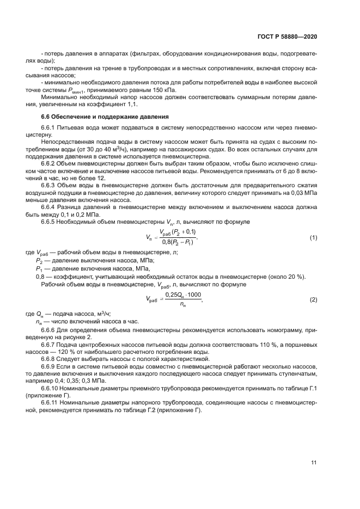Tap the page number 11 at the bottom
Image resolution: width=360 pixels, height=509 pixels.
pos(314,463)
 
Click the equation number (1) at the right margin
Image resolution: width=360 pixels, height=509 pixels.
pos(313,238)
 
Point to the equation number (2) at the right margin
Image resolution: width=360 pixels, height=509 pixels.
pos(313,301)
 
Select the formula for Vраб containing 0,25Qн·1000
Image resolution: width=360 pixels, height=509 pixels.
pos(174,300)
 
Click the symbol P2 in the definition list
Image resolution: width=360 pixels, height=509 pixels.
pos(39,261)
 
